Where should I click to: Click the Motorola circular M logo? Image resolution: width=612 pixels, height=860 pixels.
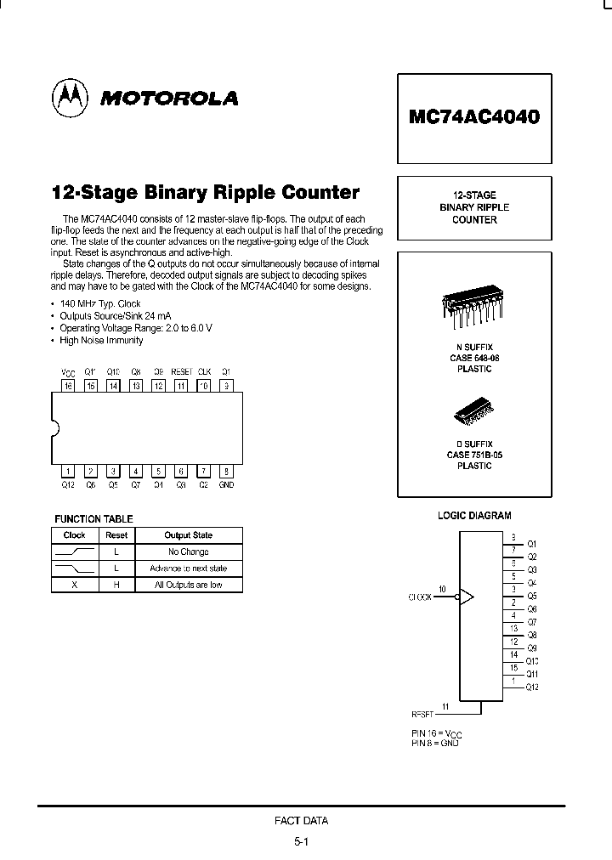tap(69, 99)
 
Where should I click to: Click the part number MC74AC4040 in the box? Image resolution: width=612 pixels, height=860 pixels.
tap(473, 116)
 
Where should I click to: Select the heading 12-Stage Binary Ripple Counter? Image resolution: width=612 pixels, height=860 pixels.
tap(206, 192)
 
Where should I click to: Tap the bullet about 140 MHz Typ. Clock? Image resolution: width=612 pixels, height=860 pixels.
tap(100, 303)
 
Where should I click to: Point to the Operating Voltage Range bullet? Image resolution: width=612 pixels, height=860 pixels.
tap(135, 328)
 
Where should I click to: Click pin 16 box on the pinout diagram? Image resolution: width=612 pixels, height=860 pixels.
tap(69, 386)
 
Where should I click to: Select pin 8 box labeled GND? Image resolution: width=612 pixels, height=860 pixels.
tap(226, 471)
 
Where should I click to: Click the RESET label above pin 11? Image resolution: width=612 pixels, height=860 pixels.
tap(181, 372)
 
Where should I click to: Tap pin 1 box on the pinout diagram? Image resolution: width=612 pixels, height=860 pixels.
tap(69, 471)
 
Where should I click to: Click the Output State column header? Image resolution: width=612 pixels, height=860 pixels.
tap(188, 535)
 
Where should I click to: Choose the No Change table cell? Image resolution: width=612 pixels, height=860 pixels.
tap(188, 552)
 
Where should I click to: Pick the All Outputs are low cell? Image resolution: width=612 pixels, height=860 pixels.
tap(188, 585)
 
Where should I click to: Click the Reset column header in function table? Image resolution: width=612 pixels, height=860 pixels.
tap(116, 535)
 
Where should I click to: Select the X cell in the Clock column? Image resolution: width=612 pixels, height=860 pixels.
tap(75, 585)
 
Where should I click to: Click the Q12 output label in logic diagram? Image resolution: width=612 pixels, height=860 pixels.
tap(532, 687)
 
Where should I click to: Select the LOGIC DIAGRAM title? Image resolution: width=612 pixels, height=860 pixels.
tap(474, 516)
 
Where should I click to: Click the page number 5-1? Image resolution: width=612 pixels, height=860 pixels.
tap(302, 842)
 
